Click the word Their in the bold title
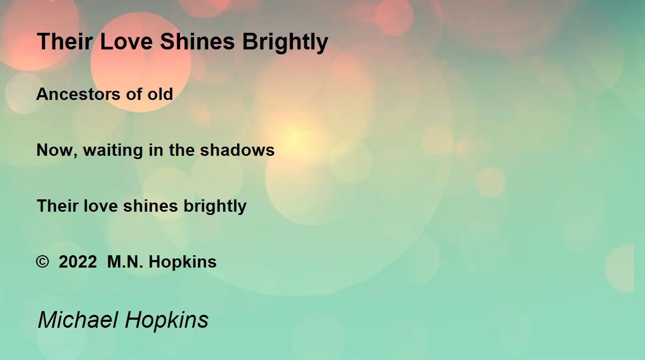pos(65,41)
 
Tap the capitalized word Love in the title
pos(126,41)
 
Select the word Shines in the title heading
pos(197,41)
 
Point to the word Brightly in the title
pos(285,43)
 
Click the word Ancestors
pos(78,94)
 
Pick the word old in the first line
pos(160,94)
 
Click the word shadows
pos(237,150)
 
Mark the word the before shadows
pos(182,150)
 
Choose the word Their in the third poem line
pos(58,206)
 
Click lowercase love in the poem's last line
pos(101,206)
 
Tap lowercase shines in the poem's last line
pos(150,206)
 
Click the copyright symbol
pos(42,262)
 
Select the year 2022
pos(78,262)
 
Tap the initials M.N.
pos(125,262)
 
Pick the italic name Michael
pos(78,320)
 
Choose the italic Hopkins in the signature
pos(167,321)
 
